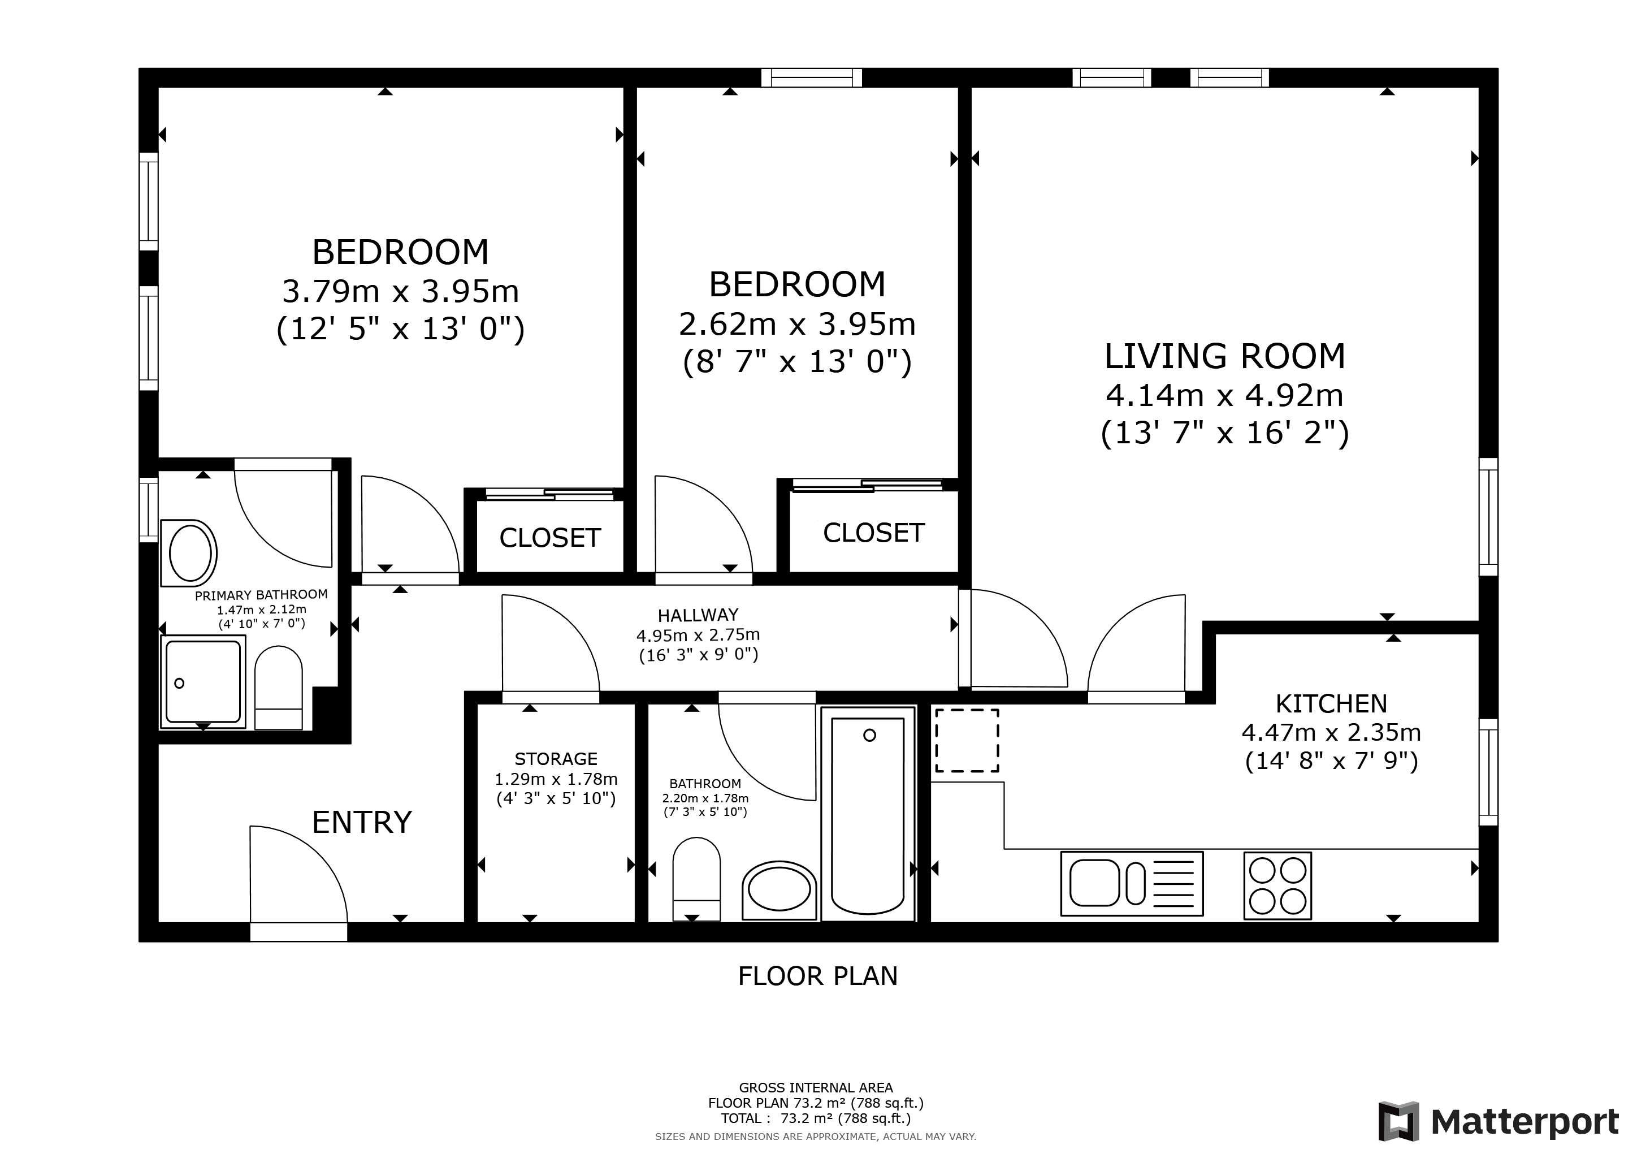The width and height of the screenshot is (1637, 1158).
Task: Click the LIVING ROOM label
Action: point(1224,357)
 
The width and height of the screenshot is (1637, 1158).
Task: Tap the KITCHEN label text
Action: point(1331,704)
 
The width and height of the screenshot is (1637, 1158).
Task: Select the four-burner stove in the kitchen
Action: point(1277,885)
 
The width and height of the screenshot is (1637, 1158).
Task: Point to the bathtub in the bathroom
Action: point(868,814)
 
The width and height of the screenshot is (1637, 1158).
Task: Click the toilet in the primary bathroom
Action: point(278,688)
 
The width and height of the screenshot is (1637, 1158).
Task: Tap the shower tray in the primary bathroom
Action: point(203,682)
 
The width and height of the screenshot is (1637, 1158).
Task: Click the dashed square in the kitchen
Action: point(967,740)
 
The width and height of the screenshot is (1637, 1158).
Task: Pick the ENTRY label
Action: point(362,822)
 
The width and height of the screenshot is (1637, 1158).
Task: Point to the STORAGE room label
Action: point(556,759)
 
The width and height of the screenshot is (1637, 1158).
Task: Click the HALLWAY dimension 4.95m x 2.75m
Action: point(698,634)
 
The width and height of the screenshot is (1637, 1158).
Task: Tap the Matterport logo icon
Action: point(1398,1122)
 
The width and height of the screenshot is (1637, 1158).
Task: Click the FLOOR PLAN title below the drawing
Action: point(818,976)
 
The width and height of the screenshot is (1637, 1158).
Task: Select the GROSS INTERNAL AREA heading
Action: point(816,1088)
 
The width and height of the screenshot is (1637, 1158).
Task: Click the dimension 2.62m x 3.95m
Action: point(797,325)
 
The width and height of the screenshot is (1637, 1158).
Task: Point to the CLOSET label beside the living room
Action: point(873,533)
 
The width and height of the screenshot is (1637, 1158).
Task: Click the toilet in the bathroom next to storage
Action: point(696,879)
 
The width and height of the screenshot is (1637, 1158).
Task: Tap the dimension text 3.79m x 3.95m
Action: point(401,292)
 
